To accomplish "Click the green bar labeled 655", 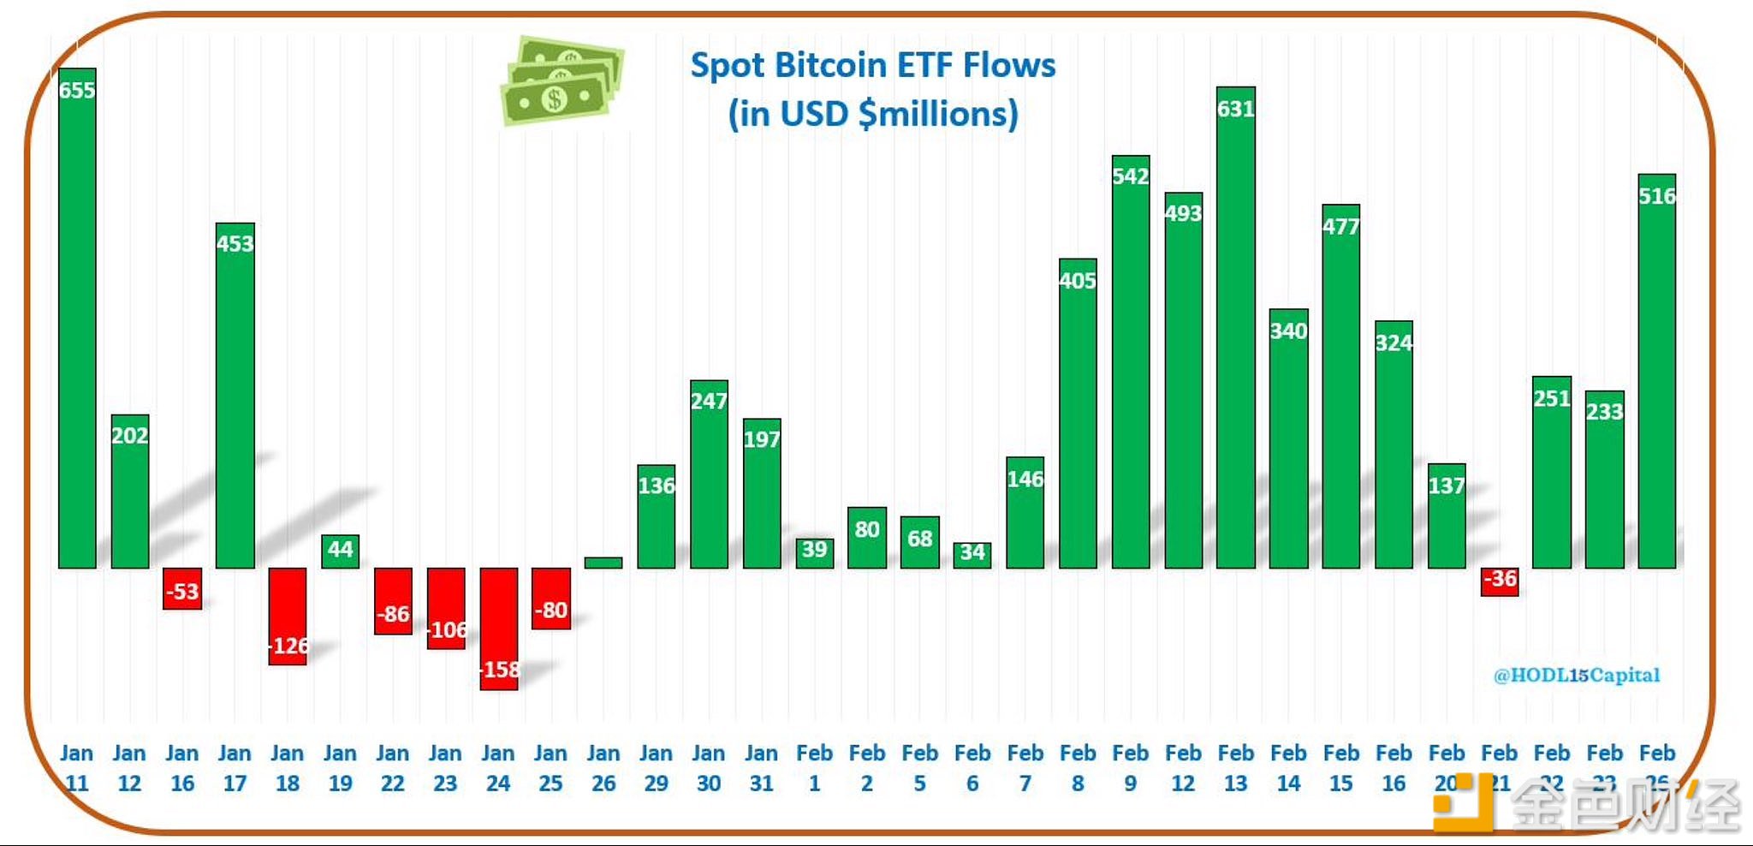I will [77, 325].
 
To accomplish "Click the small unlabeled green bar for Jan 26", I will [603, 563].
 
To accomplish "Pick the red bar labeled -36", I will [1500, 581].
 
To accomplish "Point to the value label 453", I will [235, 244].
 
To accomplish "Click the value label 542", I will [1130, 176].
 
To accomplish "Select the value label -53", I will [182, 592].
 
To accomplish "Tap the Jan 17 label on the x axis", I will [235, 768].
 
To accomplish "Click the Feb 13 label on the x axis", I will [1236, 768].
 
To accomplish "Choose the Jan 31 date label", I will [761, 768].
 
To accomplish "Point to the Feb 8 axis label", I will [1078, 768].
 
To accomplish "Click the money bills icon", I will [562, 80].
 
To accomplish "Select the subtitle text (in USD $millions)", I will [873, 114].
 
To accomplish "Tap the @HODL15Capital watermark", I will [1577, 676].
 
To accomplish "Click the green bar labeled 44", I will [340, 551].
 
